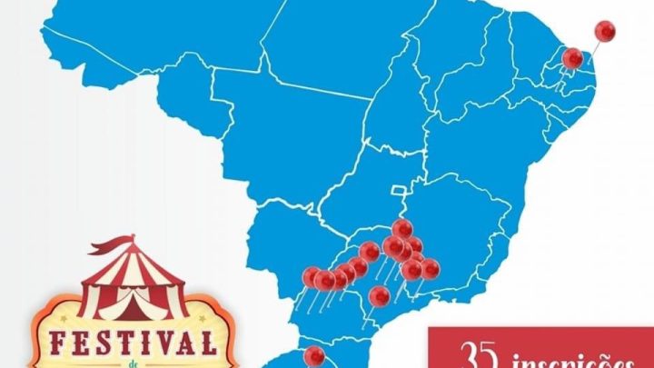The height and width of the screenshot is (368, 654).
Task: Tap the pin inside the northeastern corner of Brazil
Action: coord(573,58)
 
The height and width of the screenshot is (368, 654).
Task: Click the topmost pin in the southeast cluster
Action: coord(402,228)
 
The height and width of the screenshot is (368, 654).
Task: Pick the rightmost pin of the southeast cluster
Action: coord(430,268)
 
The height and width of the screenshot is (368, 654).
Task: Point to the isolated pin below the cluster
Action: coord(381,295)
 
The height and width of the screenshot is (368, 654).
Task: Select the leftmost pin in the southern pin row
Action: coord(312,275)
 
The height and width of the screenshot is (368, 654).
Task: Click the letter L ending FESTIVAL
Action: coord(208,344)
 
